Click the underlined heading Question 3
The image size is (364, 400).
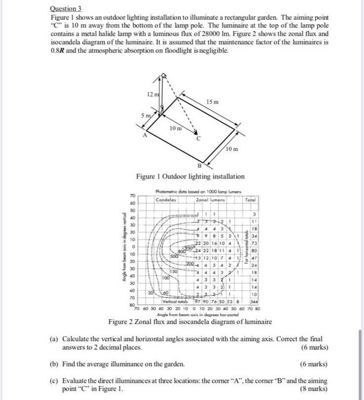[x=66, y=9]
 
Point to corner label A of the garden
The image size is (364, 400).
[x=145, y=135]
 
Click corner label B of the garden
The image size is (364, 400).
[x=200, y=165]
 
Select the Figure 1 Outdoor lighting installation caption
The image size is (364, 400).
[x=190, y=177]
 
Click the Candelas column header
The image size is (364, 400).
[x=166, y=200]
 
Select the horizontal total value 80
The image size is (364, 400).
[x=253, y=250]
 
